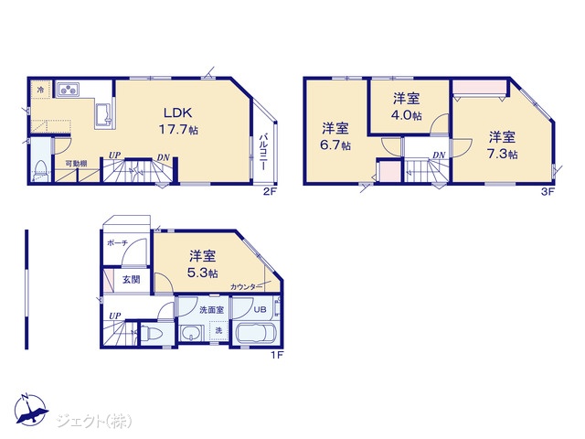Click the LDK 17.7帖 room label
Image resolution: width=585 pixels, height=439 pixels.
click(x=179, y=121)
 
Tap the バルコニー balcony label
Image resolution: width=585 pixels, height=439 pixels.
click(x=263, y=152)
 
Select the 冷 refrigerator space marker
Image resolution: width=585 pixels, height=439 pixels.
click(x=40, y=90)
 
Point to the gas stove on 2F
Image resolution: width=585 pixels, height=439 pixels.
click(x=68, y=89)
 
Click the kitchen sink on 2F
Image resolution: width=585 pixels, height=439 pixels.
click(x=103, y=114)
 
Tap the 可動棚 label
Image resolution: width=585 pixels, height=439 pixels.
click(x=76, y=163)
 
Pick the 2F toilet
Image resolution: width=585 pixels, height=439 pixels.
click(x=40, y=171)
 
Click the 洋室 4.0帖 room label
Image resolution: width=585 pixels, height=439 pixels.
click(x=406, y=107)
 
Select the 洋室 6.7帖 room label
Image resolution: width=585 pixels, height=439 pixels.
click(x=335, y=136)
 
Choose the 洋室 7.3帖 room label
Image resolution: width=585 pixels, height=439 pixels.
click(x=503, y=145)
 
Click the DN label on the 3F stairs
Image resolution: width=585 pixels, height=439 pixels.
click(x=439, y=155)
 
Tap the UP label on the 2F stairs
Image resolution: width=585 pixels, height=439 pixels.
click(x=114, y=155)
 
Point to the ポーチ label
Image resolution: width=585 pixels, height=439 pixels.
click(x=117, y=243)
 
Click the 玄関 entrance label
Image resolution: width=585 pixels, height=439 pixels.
click(x=132, y=280)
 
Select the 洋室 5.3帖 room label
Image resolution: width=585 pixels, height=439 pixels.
click(x=203, y=264)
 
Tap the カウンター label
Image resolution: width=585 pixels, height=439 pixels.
click(x=243, y=287)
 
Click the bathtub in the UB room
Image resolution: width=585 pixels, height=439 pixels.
click(x=256, y=332)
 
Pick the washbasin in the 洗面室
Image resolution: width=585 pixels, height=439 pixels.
click(x=191, y=333)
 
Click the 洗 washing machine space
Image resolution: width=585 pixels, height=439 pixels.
click(x=219, y=330)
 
